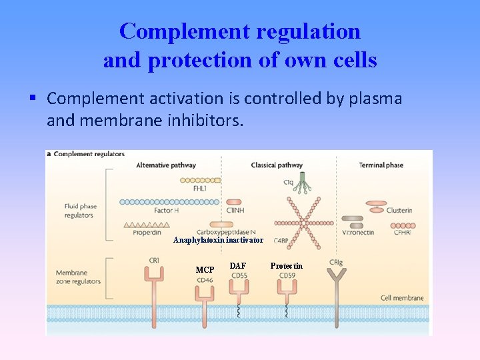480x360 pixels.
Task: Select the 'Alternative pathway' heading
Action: (x=165, y=165)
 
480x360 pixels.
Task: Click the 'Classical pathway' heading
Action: (x=277, y=165)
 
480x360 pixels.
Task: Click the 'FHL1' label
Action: (x=199, y=189)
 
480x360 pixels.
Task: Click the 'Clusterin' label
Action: (x=399, y=211)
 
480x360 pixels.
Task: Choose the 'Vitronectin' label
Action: (x=358, y=233)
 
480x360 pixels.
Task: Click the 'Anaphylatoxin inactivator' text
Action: (x=218, y=240)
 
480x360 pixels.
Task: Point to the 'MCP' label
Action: (x=205, y=270)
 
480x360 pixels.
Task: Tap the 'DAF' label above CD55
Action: (x=237, y=266)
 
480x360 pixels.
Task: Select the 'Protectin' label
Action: (x=286, y=266)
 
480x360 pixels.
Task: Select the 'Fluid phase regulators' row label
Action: (x=79, y=211)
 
